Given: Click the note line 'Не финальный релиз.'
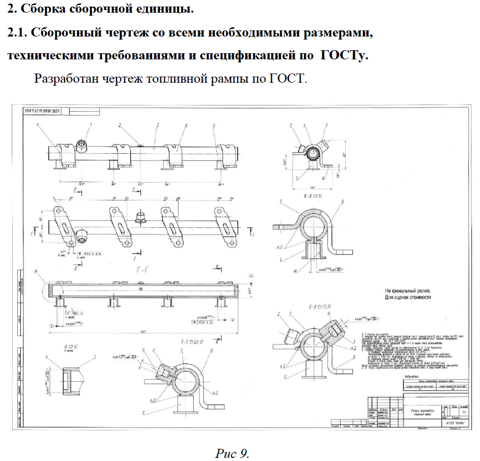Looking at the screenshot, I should (409, 290).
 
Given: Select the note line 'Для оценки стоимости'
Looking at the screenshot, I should (409, 297).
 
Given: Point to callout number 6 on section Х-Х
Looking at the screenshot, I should (343, 202).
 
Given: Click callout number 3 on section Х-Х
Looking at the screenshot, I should (279, 202).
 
